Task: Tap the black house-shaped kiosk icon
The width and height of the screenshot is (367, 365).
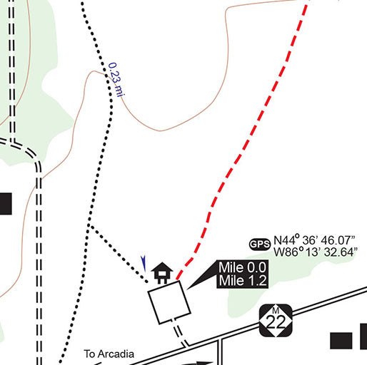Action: (x=163, y=272)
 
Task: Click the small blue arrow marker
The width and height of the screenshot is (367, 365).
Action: (x=144, y=262)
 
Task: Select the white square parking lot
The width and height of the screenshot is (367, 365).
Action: (x=170, y=302)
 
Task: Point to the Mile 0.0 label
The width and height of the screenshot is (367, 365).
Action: (x=243, y=268)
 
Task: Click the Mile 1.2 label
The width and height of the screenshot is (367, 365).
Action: (x=243, y=281)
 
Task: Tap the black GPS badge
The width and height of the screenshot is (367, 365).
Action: (x=259, y=245)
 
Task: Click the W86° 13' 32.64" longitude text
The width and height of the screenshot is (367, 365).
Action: (x=315, y=252)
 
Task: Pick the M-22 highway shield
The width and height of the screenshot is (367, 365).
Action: (x=274, y=321)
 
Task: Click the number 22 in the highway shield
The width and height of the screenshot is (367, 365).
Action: (x=274, y=324)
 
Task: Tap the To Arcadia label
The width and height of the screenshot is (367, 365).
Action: (x=109, y=353)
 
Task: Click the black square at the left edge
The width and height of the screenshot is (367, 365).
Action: (x=5, y=203)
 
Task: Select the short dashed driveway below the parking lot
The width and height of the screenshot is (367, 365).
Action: (x=181, y=333)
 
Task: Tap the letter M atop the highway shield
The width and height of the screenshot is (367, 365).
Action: (x=274, y=308)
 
